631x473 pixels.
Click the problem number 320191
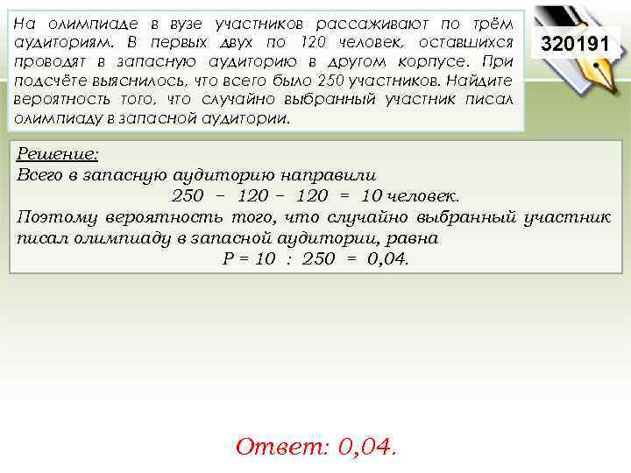click(579, 43)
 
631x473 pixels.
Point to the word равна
click(415, 237)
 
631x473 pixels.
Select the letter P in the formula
click(219, 259)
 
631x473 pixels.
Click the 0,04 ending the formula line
click(386, 259)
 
